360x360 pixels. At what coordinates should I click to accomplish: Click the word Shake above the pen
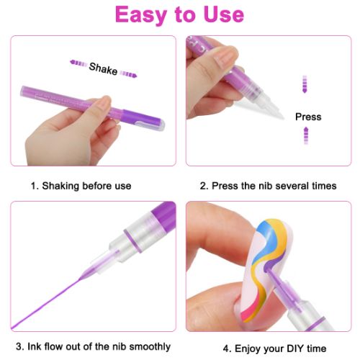[103, 68]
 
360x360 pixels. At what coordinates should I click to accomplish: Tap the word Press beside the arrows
[308, 117]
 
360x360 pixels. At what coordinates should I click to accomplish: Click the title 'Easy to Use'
[180, 15]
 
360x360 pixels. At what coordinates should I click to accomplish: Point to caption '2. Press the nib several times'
[268, 186]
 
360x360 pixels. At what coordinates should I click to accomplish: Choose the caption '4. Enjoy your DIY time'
[269, 346]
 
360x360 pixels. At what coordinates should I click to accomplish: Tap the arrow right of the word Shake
[129, 72]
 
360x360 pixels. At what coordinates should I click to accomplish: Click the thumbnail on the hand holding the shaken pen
[100, 110]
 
